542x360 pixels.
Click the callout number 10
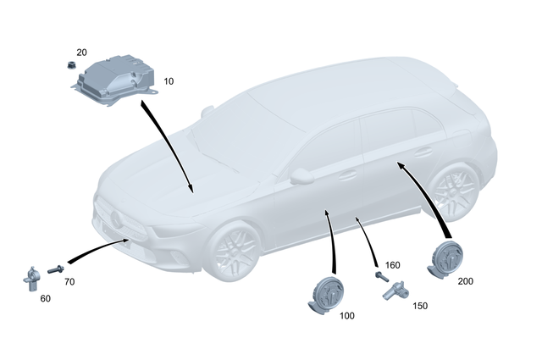169,81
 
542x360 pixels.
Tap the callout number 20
81,53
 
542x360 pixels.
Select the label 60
45,298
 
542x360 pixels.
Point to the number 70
69,281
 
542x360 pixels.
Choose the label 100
346,315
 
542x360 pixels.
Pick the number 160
392,265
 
